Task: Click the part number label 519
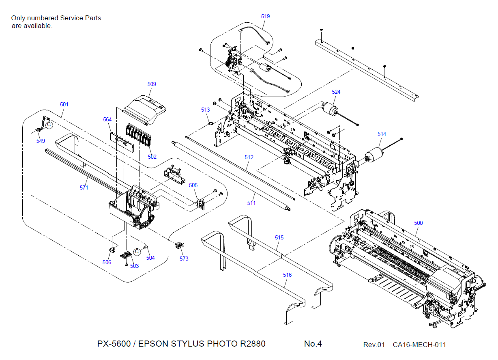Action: click(x=265, y=17)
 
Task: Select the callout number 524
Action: click(x=336, y=92)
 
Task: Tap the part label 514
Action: click(x=382, y=134)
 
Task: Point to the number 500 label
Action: click(x=418, y=223)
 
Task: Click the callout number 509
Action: click(x=152, y=84)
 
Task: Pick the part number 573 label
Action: click(x=184, y=259)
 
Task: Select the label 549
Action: click(x=41, y=141)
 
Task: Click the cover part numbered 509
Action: click(x=145, y=108)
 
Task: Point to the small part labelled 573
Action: click(x=178, y=245)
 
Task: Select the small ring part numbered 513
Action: click(x=211, y=123)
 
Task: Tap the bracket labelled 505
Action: click(x=200, y=202)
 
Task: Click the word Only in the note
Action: click(x=18, y=18)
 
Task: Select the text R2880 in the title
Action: click(x=253, y=344)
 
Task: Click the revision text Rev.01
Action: click(x=373, y=345)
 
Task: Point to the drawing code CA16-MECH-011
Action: click(x=419, y=345)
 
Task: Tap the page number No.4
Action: click(x=313, y=344)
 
